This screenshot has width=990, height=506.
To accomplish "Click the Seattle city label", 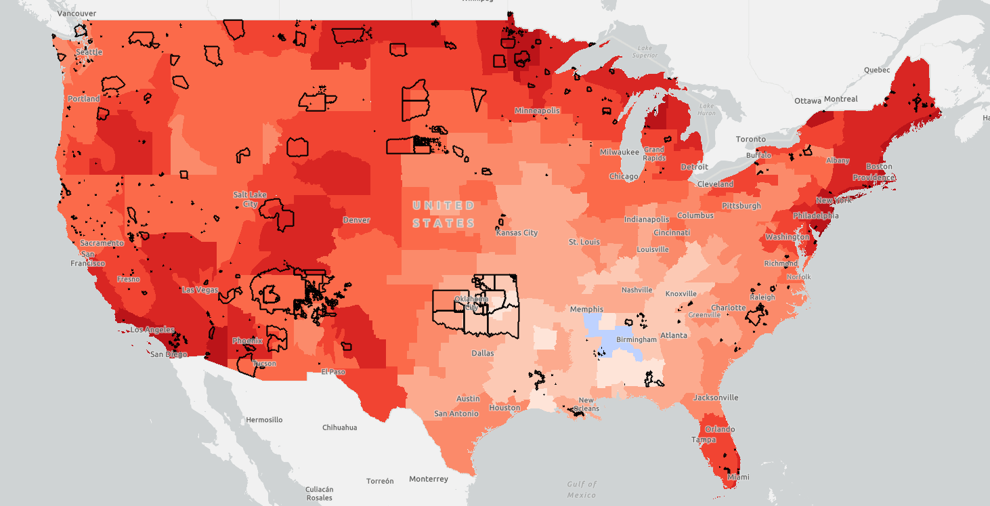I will tap(89, 52).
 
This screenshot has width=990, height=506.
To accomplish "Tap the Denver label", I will tap(356, 220).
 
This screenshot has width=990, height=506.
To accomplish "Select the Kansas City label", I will tap(517, 233).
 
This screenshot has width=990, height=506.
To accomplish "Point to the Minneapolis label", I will tap(537, 110).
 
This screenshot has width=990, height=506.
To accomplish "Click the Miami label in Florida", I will tap(738, 477).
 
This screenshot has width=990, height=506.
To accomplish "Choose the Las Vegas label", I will tap(200, 290).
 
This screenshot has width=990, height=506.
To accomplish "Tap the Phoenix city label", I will tap(247, 341).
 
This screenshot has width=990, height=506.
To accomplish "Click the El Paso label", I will tap(333, 371).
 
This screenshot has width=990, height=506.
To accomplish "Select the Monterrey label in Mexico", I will tap(429, 479).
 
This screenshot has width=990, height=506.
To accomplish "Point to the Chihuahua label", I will tap(339, 427).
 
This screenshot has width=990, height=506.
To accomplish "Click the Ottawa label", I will tap(808, 101).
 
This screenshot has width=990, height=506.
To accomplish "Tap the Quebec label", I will tap(876, 70).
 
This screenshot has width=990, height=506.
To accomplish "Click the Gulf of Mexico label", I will tap(582, 489).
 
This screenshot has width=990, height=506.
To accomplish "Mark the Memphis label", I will tap(586, 310).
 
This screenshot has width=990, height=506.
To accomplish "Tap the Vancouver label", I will tap(76, 13).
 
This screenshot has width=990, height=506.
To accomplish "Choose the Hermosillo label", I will tap(263, 420).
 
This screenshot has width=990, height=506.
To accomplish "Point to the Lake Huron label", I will tap(706, 109).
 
